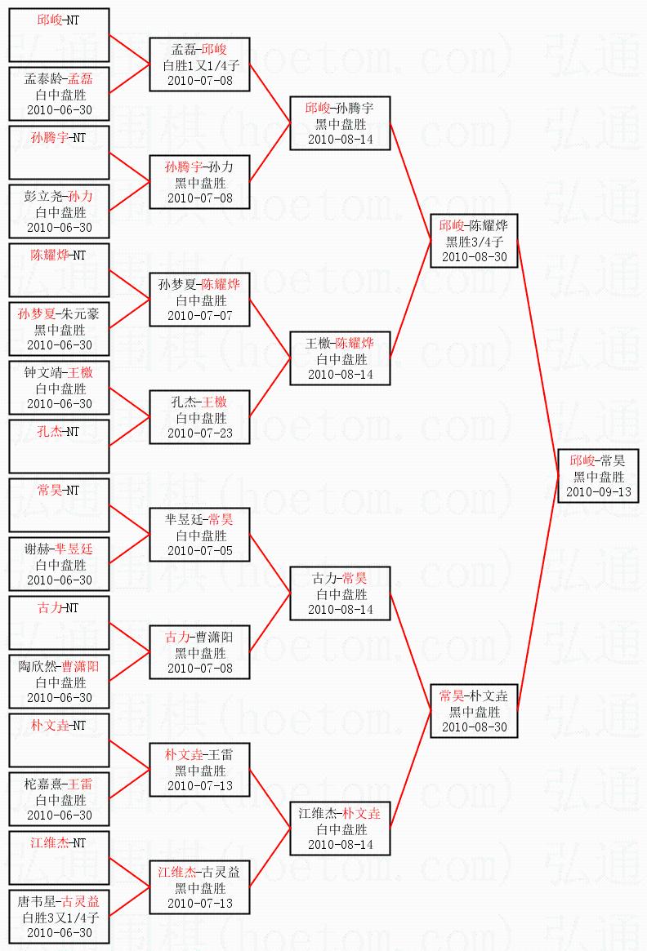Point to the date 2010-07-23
pos(199,433)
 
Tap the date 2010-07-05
pos(199,550)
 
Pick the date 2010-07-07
pos(199,315)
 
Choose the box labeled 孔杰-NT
pos(59,446)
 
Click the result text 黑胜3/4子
pos(474,242)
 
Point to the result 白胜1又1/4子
pos(199,65)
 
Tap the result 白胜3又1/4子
pos(59,918)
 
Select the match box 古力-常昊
pos(340,593)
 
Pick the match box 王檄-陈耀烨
pos(340,358)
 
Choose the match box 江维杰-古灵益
pos(199,887)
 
